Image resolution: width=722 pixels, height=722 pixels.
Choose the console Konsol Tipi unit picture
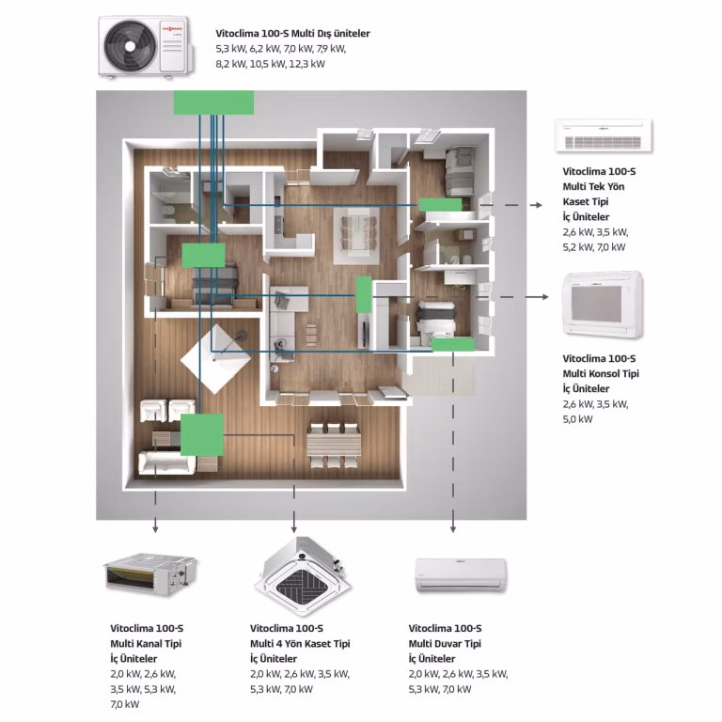click(603, 305)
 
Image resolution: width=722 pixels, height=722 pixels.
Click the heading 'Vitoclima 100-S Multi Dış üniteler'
click(292, 34)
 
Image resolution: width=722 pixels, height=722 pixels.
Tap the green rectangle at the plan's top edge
click(213, 102)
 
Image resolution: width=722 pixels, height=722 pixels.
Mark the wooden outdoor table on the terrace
click(333, 441)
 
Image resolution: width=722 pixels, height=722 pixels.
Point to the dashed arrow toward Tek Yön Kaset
click(519, 204)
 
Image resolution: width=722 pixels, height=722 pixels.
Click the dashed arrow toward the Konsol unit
click(521, 296)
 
